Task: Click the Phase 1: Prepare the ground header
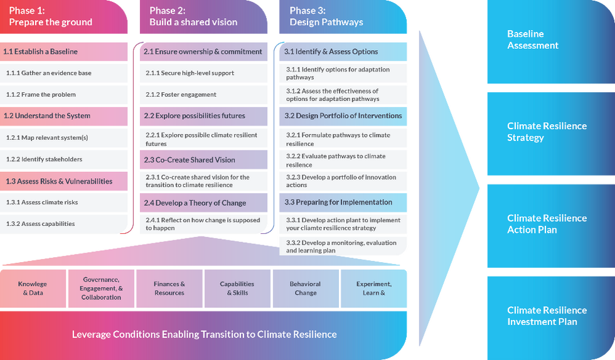pos(50,17)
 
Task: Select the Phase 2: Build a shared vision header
pos(193,17)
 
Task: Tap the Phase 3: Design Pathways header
pos(326,17)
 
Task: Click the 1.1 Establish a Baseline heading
pos(41,51)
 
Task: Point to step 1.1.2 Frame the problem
pos(41,95)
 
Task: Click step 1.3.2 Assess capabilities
pos(40,224)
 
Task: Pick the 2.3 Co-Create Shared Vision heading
pos(190,160)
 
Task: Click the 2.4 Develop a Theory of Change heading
pos(195,203)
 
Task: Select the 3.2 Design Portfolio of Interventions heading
pos(343,116)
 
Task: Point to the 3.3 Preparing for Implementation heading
pos(338,203)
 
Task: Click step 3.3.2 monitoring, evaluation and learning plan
pos(341,246)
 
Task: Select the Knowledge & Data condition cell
pos(33,289)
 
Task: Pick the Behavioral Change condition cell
pos(306,289)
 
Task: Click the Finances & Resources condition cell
pos(169,289)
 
